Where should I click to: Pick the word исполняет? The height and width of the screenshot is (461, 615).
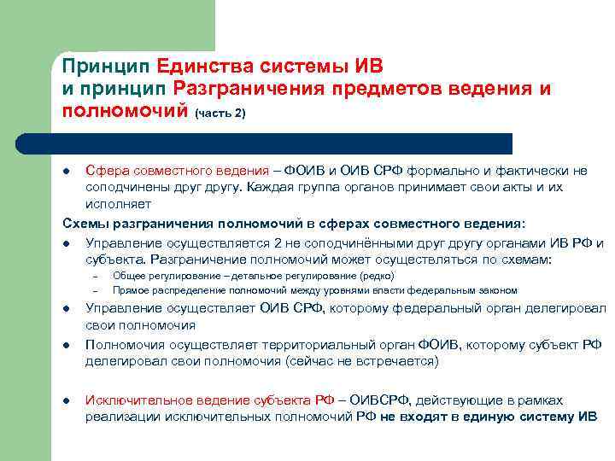118,204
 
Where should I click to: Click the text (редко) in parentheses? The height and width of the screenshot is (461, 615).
377,277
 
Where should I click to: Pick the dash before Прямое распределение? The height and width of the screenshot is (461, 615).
97,291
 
